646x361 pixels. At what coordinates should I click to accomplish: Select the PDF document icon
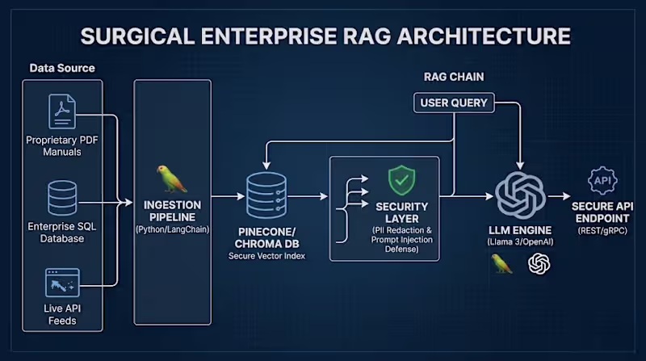click(63, 112)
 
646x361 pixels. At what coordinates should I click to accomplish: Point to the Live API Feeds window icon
click(63, 283)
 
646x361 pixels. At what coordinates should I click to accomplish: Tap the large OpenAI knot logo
click(521, 195)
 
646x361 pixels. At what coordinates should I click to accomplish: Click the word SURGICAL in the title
click(145, 36)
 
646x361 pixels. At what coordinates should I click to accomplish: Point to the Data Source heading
click(62, 68)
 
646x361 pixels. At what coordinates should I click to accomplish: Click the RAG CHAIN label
click(453, 77)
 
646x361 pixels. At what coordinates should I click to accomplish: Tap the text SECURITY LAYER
click(401, 213)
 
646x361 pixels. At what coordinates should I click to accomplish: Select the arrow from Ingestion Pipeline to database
click(228, 195)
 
